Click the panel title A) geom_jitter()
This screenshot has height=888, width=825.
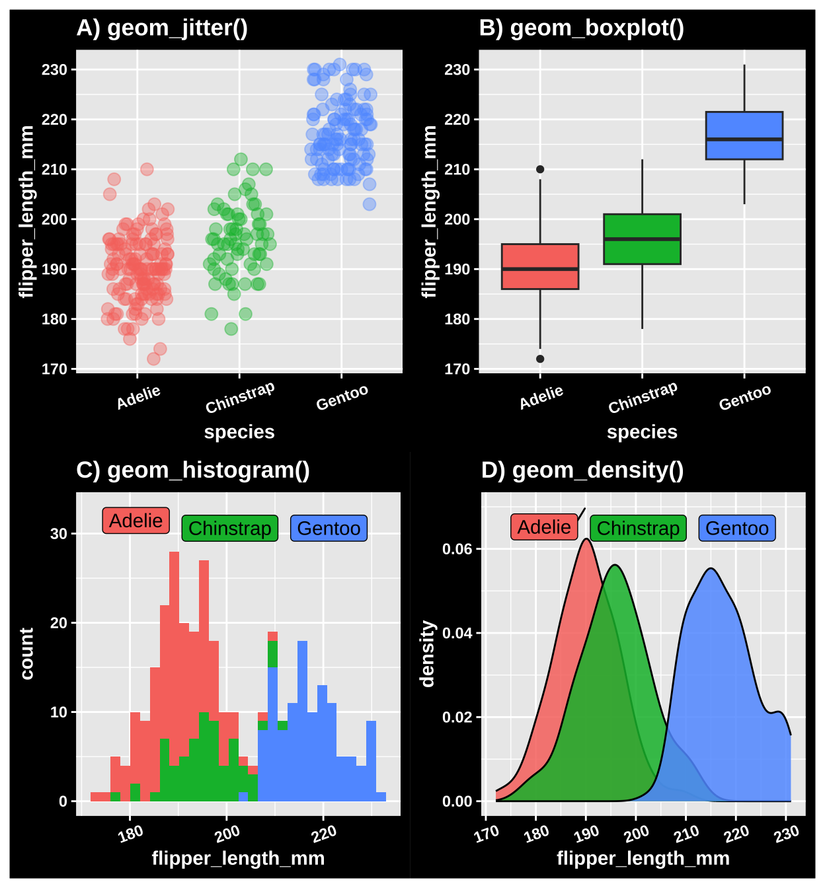162,28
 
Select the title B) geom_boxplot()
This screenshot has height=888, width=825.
581,28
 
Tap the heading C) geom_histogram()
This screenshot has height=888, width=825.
193,470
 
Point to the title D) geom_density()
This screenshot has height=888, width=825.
582,470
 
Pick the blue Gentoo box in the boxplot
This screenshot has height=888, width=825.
744,126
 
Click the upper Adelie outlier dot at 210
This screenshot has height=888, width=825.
540,170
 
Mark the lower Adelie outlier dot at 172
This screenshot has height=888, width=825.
540,359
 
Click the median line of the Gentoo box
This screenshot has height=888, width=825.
744,139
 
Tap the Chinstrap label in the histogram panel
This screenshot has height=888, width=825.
229,529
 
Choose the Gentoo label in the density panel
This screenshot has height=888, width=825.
737,529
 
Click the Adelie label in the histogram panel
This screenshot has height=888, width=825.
136,521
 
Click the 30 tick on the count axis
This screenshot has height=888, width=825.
59,534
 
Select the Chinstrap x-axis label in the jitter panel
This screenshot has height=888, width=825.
239,398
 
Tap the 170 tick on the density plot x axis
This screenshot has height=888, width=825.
487,834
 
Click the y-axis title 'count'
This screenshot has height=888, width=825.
26,653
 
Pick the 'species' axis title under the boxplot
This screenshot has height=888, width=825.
642,432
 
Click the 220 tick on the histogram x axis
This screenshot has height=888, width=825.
324,834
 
